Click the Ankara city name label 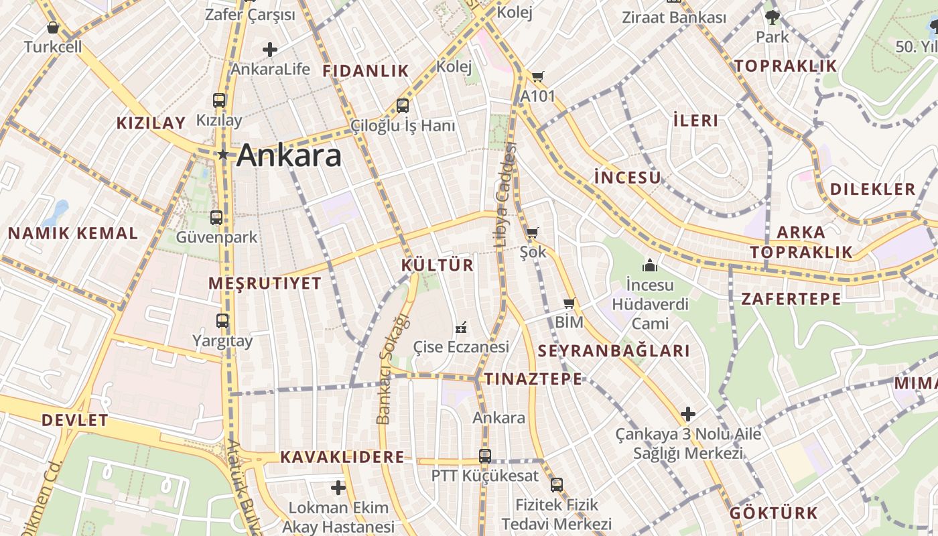pyautogui.click(x=289, y=155)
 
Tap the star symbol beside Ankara pyautogui.click(x=223, y=155)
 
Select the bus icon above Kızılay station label pyautogui.click(x=219, y=100)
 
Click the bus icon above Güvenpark pyautogui.click(x=216, y=217)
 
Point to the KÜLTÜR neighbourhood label pyautogui.click(x=438, y=265)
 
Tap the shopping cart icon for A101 pyautogui.click(x=537, y=77)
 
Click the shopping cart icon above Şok pyautogui.click(x=533, y=233)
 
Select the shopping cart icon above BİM pyautogui.click(x=569, y=304)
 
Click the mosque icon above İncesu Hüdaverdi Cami pyautogui.click(x=650, y=265)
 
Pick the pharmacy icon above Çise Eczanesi pyautogui.click(x=461, y=328)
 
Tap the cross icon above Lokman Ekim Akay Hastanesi pyautogui.click(x=338, y=487)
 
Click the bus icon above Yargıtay pyautogui.click(x=222, y=321)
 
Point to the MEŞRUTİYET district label pyautogui.click(x=265, y=283)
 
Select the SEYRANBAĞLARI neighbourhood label pyautogui.click(x=614, y=351)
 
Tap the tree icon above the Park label pyautogui.click(x=773, y=17)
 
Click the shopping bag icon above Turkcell pyautogui.click(x=53, y=27)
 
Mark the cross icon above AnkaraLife pyautogui.click(x=270, y=50)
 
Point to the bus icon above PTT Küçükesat pyautogui.click(x=485, y=456)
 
